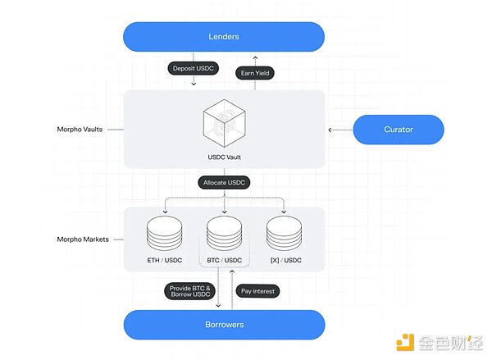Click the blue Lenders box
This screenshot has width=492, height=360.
click(x=224, y=36)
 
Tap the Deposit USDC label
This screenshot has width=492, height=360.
click(x=194, y=68)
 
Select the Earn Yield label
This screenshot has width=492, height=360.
click(x=256, y=73)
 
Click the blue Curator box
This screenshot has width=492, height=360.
click(x=398, y=130)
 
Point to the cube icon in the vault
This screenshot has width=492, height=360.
click(x=224, y=122)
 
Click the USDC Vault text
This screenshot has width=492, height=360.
click(x=224, y=157)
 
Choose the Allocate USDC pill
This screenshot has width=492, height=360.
click(x=224, y=182)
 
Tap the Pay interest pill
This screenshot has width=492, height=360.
click(x=258, y=291)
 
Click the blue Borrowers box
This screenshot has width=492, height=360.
click(x=224, y=325)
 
